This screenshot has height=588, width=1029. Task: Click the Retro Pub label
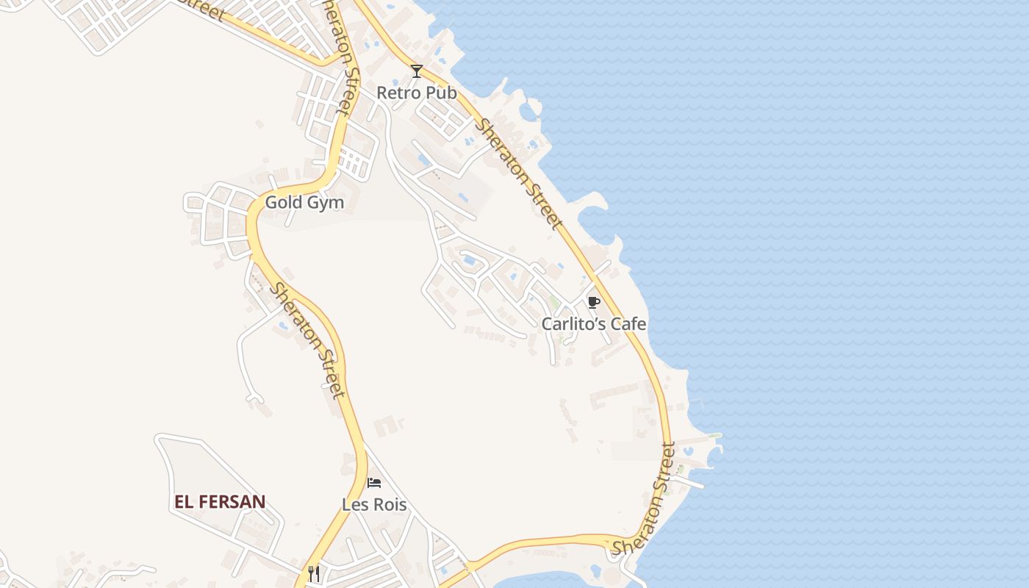click(x=416, y=93)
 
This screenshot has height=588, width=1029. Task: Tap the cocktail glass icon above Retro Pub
click(x=417, y=71)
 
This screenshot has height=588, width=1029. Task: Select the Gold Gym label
click(x=304, y=202)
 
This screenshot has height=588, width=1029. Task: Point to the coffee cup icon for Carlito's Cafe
click(x=593, y=302)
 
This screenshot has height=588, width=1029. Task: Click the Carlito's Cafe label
click(x=594, y=323)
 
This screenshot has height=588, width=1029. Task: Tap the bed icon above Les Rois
click(x=374, y=483)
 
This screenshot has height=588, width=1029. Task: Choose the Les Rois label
click(x=374, y=505)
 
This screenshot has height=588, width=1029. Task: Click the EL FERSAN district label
click(x=220, y=502)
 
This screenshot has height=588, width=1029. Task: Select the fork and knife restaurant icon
click(x=314, y=573)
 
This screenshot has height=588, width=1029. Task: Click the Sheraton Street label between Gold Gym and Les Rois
click(x=307, y=340)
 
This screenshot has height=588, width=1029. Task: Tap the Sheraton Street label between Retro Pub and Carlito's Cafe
click(x=519, y=173)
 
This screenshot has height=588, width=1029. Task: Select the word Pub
click(x=440, y=93)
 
